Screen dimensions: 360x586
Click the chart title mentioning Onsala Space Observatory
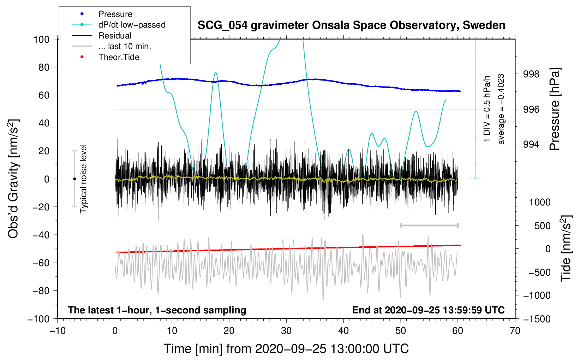[351, 25]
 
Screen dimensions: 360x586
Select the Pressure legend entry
[115, 14]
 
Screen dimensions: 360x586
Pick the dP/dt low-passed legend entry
[132, 25]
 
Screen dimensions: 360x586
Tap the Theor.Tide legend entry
[119, 57]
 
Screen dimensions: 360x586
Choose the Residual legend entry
[115, 36]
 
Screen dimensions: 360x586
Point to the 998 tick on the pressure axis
[531, 74]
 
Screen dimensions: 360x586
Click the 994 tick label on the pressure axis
[531, 144]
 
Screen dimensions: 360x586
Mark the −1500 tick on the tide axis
[537, 319]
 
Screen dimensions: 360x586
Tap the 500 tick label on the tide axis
[542, 226]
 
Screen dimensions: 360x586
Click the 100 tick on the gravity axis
[41, 39]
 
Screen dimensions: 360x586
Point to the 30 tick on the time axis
[286, 331]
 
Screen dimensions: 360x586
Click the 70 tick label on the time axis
[515, 331]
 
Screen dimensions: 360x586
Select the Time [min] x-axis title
[286, 349]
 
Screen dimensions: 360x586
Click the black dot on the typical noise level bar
[74, 179]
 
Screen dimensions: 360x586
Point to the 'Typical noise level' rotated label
[83, 179]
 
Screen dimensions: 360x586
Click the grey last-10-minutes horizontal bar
[429, 225]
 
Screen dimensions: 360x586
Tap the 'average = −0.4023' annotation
[501, 109]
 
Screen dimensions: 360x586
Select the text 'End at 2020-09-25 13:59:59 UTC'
[428, 310]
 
